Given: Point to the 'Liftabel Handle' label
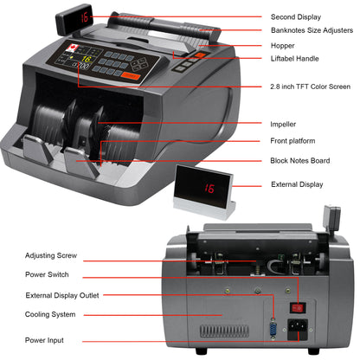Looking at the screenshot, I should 299,58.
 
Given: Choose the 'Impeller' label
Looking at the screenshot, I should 287,124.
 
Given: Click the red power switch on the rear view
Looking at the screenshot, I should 299,305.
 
